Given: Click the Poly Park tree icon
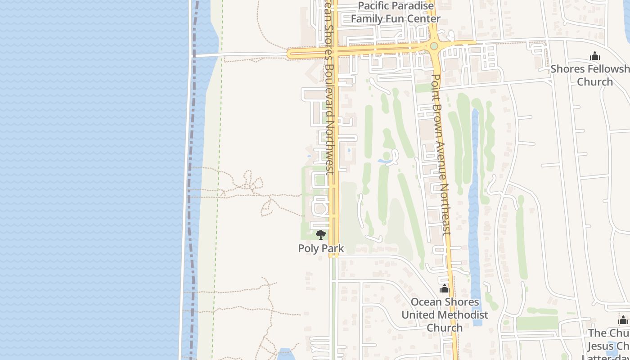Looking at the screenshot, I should click(x=321, y=234).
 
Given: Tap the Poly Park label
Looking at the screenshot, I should click(x=321, y=248).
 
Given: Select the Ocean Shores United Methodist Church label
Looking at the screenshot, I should click(x=445, y=315).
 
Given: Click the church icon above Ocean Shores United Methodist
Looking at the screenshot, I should click(x=445, y=288).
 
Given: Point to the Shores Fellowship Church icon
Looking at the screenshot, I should click(x=595, y=56).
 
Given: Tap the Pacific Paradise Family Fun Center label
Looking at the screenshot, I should click(x=396, y=12).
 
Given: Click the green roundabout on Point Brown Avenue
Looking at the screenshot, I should click(x=434, y=46).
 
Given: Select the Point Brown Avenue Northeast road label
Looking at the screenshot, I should click(x=441, y=153).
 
